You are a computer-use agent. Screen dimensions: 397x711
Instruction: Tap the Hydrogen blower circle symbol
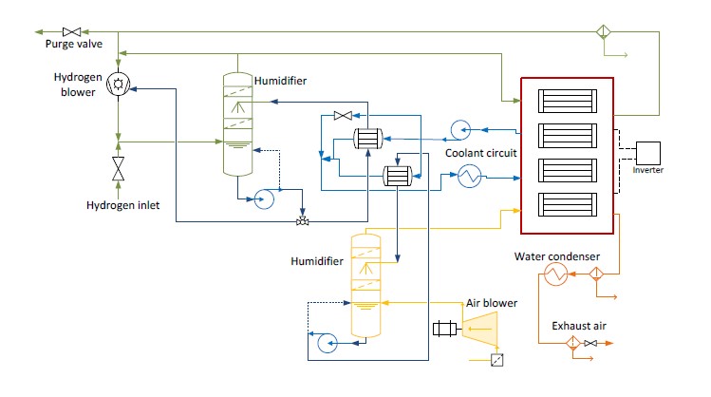pos(118,85)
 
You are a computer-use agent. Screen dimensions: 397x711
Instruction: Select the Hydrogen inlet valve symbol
pos(118,169)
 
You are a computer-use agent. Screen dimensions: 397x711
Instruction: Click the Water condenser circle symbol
pos(554,274)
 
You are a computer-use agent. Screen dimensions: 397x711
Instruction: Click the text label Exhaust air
pos(579,326)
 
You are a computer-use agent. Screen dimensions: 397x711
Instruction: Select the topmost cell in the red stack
pos(568,101)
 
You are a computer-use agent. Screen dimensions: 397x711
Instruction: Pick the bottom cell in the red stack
pos(568,205)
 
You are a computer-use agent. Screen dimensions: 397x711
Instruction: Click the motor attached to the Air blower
pos(444,330)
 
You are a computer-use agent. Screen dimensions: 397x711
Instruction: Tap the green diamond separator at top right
pos(601,31)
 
